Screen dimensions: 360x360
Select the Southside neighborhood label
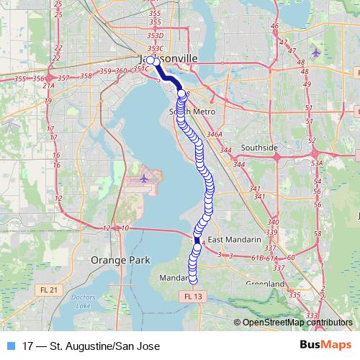coord(259,148)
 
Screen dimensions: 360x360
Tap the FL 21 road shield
coord(50,289)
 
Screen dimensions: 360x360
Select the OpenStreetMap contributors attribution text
coord(296,323)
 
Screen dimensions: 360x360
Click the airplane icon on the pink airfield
coord(145,176)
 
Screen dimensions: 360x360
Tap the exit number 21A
coord(48,85)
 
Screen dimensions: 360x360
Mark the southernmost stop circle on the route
coord(192,280)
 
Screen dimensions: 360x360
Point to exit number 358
coord(86,76)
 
